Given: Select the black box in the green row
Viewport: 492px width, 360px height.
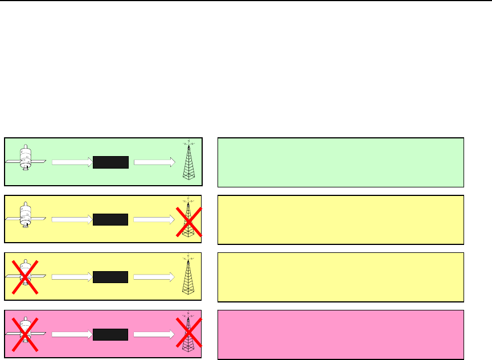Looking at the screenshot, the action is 111,162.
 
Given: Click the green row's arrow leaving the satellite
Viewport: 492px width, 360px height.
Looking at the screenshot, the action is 72,162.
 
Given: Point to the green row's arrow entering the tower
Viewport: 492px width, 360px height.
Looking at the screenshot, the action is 154,162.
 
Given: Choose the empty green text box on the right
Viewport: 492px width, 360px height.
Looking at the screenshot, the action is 341,162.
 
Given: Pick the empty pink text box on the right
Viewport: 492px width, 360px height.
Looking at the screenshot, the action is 341,335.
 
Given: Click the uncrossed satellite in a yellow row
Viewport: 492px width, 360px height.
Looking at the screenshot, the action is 25,215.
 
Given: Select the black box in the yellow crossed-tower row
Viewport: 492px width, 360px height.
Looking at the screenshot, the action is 111,220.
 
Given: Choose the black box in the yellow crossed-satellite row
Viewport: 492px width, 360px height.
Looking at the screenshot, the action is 111,277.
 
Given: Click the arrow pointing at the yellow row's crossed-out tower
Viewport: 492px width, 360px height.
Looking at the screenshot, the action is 154,220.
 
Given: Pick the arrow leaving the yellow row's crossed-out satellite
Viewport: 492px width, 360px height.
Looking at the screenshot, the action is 72,277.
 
